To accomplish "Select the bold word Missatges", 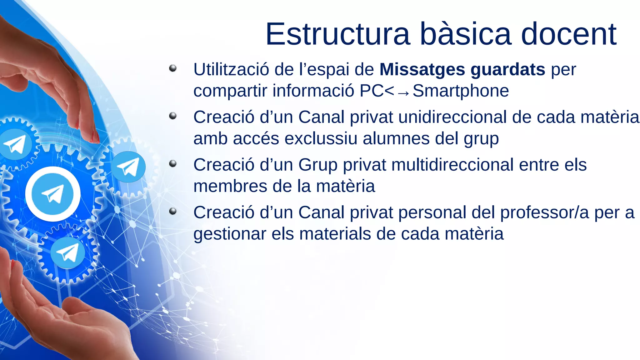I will click(x=422, y=69).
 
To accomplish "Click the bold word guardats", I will click(x=508, y=69).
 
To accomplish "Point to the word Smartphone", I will click(x=461, y=91).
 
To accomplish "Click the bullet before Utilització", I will click(x=173, y=68).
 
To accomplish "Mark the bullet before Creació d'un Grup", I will click(x=173, y=164).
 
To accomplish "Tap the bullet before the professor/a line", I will click(x=173, y=212).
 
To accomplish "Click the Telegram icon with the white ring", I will click(x=53, y=194).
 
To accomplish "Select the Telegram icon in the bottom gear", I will click(x=67, y=253).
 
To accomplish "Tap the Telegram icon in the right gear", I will click(x=128, y=167).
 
